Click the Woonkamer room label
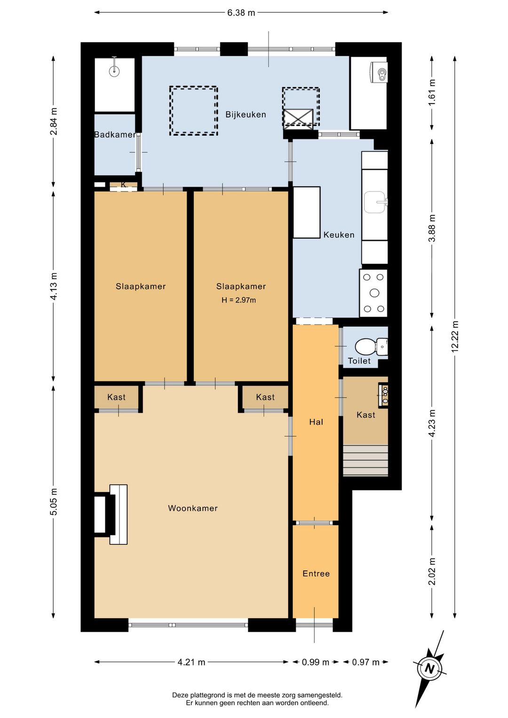click(193, 508)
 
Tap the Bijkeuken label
click(246, 114)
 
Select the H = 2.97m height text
click(239, 300)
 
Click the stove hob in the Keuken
click(373, 293)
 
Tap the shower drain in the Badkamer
click(114, 71)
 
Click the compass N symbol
click(429, 669)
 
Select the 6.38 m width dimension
click(241, 13)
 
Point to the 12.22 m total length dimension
click(455, 336)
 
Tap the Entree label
click(316, 574)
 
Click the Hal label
click(316, 422)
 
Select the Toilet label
click(359, 361)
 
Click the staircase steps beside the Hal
click(365, 460)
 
